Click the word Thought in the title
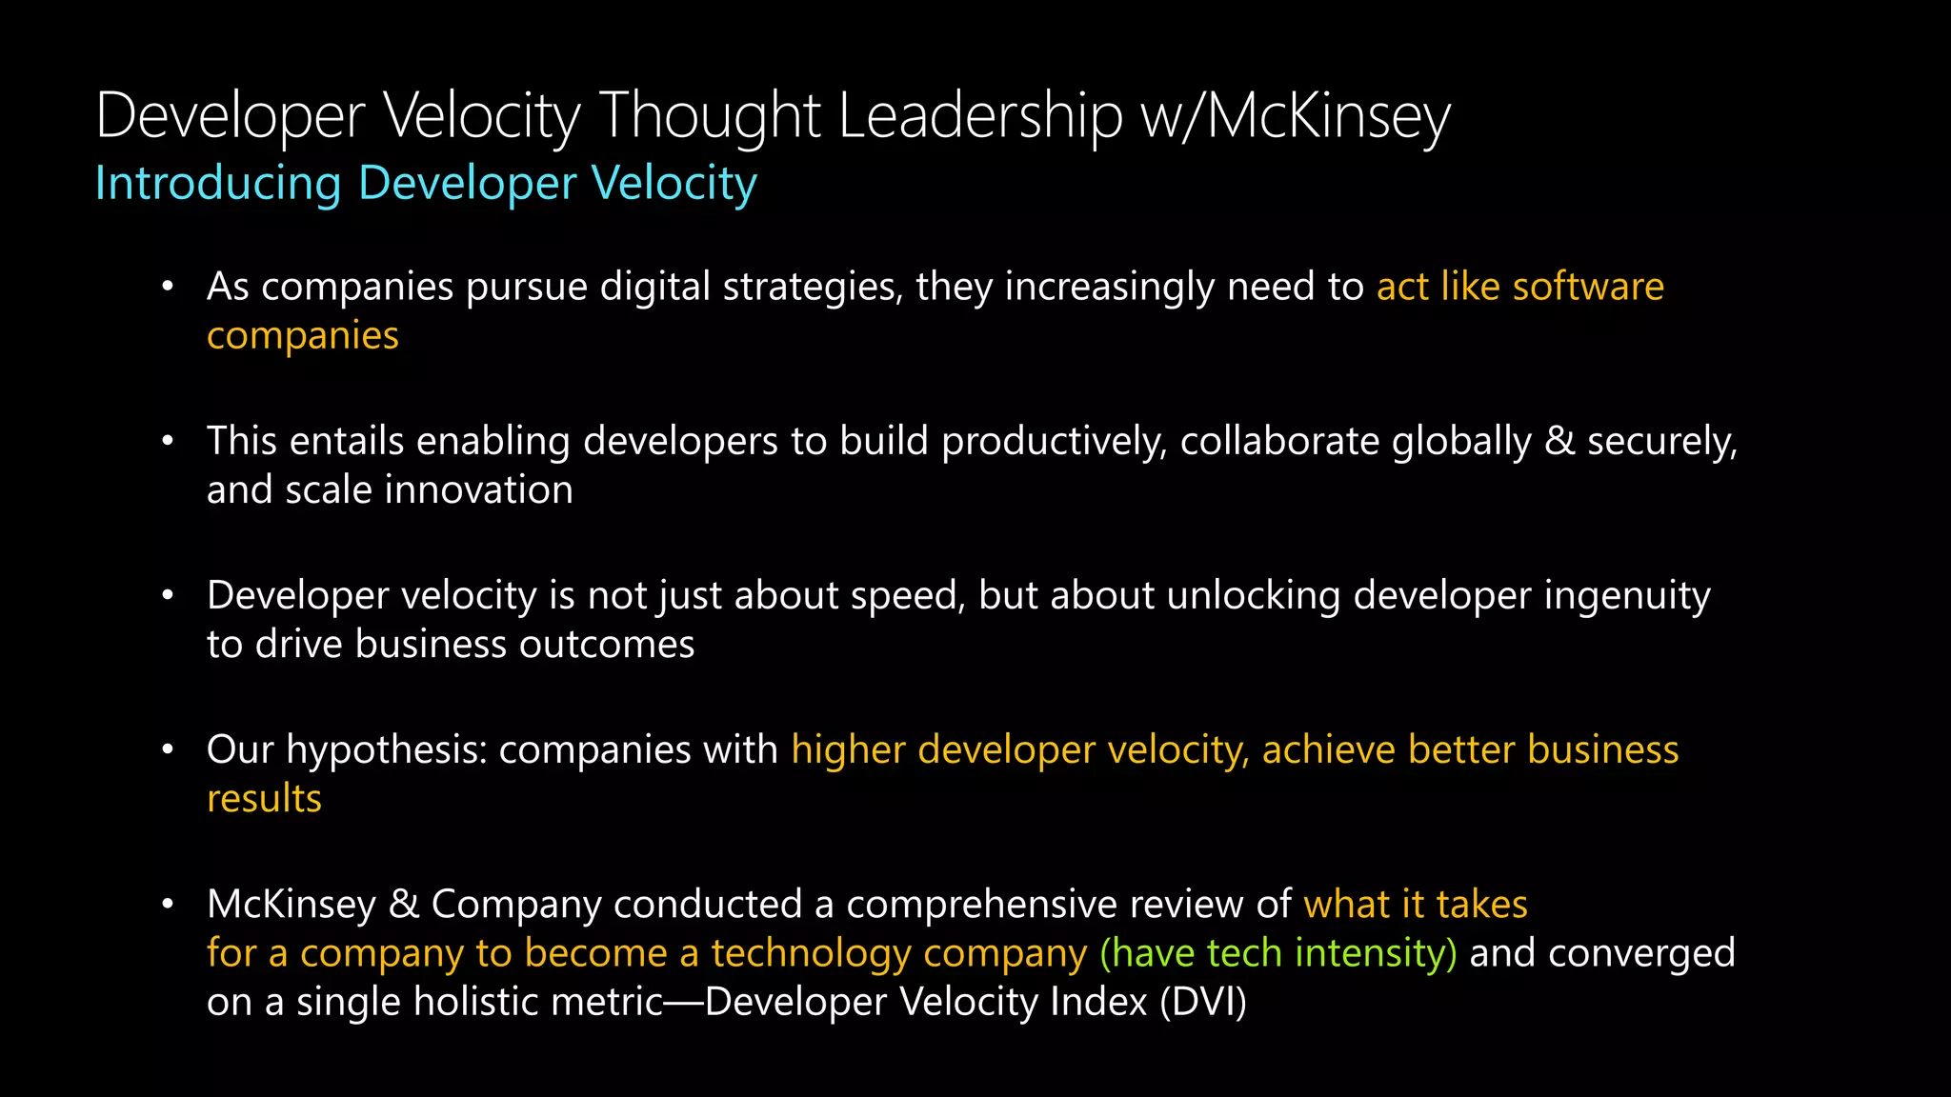point(710,116)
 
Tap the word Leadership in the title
point(980,116)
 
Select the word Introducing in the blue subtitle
point(218,183)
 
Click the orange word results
point(264,799)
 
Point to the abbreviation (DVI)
point(1203,1002)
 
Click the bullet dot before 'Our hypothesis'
point(168,750)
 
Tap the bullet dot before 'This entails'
point(168,441)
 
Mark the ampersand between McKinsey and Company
point(404,905)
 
